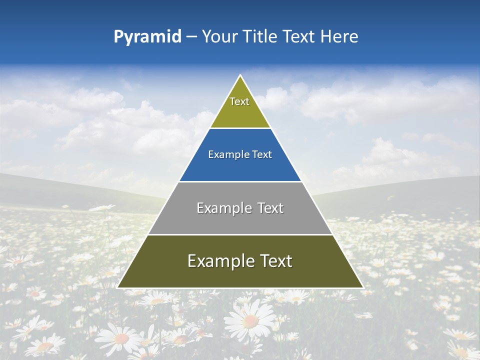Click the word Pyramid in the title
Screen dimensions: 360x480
pyautogui.click(x=147, y=37)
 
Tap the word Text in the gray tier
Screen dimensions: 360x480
pyautogui.click(x=270, y=208)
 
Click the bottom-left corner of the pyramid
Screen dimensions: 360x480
pyautogui.click(x=118, y=287)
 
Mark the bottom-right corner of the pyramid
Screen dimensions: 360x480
pyautogui.click(x=362, y=287)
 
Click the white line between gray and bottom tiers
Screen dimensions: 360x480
pyautogui.click(x=240, y=234)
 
